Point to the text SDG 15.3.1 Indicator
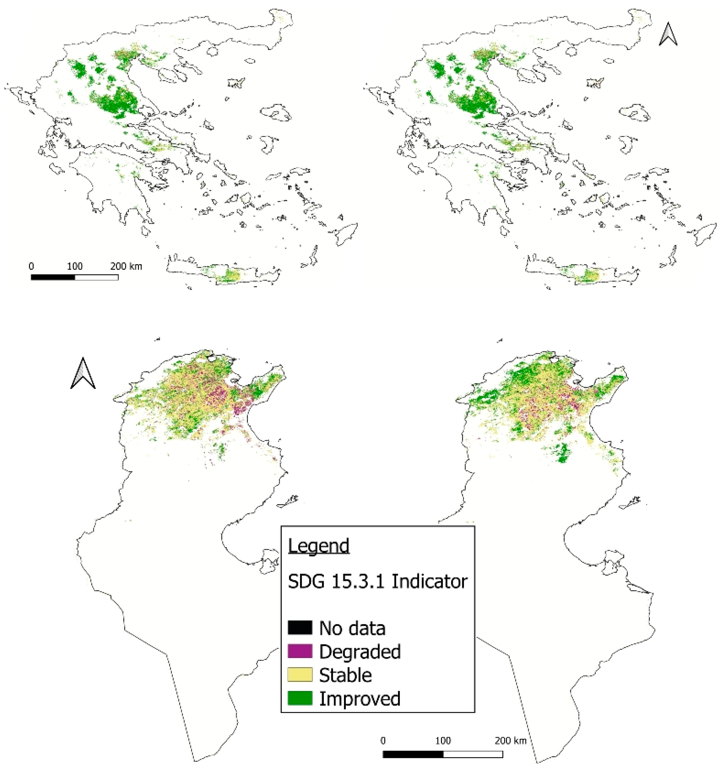377,581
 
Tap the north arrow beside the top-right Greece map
668,34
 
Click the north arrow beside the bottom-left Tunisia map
83,373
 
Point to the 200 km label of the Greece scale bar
126,266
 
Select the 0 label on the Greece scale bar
31,266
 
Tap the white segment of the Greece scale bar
96,277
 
